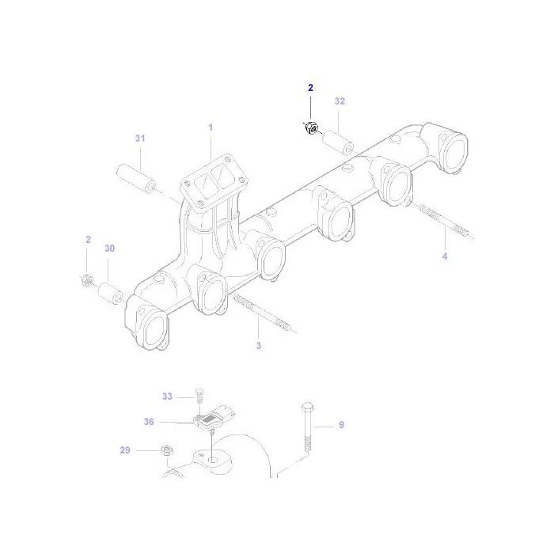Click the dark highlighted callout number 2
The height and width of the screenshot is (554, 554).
(310, 88)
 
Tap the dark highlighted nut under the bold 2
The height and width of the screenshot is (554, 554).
(311, 127)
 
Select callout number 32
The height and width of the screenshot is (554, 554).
(340, 101)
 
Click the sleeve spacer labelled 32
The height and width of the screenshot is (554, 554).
(338, 142)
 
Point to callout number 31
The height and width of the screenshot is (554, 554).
(140, 138)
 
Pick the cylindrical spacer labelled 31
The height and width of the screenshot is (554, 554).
(136, 179)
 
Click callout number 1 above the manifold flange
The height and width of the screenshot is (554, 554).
(211, 127)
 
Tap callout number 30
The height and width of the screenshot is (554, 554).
(110, 249)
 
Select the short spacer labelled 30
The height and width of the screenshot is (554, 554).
(110, 294)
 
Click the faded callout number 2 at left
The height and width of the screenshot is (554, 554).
(88, 240)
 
